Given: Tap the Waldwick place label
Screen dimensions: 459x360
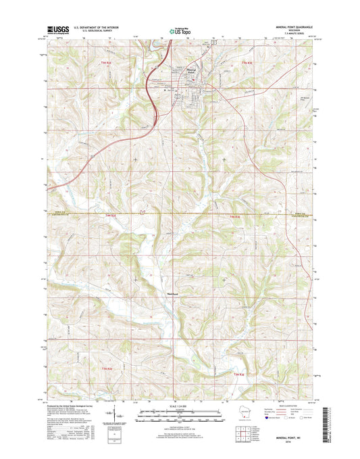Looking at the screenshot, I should [172, 293].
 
